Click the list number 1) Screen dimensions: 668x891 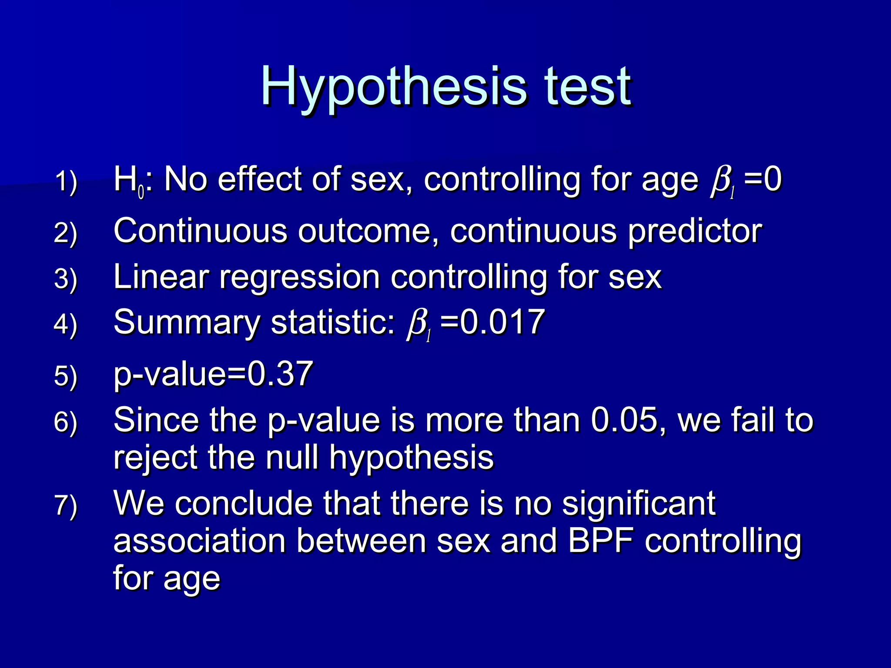pos(66,181)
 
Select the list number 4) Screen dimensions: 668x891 pos(66,324)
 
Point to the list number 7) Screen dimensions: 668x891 pos(66,505)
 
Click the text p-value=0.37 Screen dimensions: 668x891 pos(213,374)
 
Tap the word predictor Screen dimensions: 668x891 pos(695,231)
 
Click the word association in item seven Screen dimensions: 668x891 pos(200,541)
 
